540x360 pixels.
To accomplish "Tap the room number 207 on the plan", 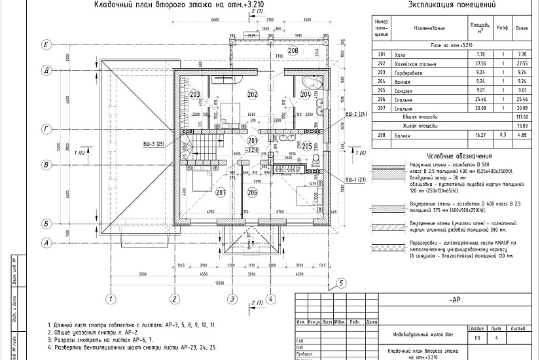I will (221, 192).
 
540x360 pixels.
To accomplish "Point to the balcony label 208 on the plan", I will (293, 50).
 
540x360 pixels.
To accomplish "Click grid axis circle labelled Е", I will (46, 45).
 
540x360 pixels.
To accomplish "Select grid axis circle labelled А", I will (46, 243).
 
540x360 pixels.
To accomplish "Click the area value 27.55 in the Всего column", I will (522, 63).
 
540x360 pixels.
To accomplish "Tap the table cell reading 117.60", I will (522, 117).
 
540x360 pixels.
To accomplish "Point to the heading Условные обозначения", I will (450, 156).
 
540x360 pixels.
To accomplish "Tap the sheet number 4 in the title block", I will (497, 338).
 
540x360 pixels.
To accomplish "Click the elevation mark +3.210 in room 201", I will (252, 149).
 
